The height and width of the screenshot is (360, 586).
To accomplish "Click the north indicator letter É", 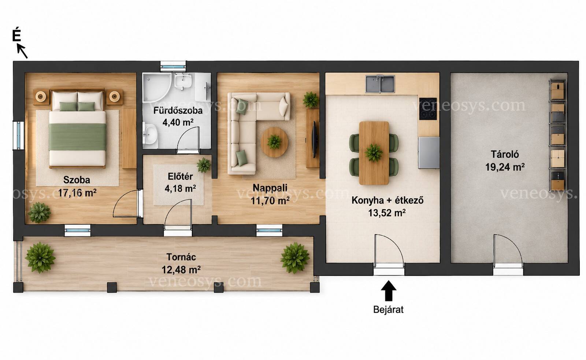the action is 16,34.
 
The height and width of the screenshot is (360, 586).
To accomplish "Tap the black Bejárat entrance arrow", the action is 389,290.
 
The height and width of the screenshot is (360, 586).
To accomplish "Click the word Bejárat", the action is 388,309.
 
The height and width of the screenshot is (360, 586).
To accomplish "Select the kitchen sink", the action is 380,84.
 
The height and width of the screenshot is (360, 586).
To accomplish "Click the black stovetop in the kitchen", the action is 428,109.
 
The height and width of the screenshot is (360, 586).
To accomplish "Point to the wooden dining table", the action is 374,153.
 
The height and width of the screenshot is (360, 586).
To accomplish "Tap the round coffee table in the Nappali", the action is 274,142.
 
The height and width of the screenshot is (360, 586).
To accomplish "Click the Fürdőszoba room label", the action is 178,111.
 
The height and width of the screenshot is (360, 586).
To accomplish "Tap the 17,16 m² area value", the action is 77,193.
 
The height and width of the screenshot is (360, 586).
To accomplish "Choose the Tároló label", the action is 505,154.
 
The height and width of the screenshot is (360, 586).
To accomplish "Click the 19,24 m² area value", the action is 505,167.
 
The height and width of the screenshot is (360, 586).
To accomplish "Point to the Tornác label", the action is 181,257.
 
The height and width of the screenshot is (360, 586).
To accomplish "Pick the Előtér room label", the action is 180,177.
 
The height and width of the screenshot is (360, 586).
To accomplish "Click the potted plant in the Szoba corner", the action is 39,212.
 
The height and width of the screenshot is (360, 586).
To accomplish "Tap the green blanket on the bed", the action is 77,137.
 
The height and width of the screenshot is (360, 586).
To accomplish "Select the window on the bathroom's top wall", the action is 173,67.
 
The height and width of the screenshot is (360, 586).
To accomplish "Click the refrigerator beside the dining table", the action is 429,153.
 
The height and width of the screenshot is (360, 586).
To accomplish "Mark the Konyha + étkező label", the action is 387,200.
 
